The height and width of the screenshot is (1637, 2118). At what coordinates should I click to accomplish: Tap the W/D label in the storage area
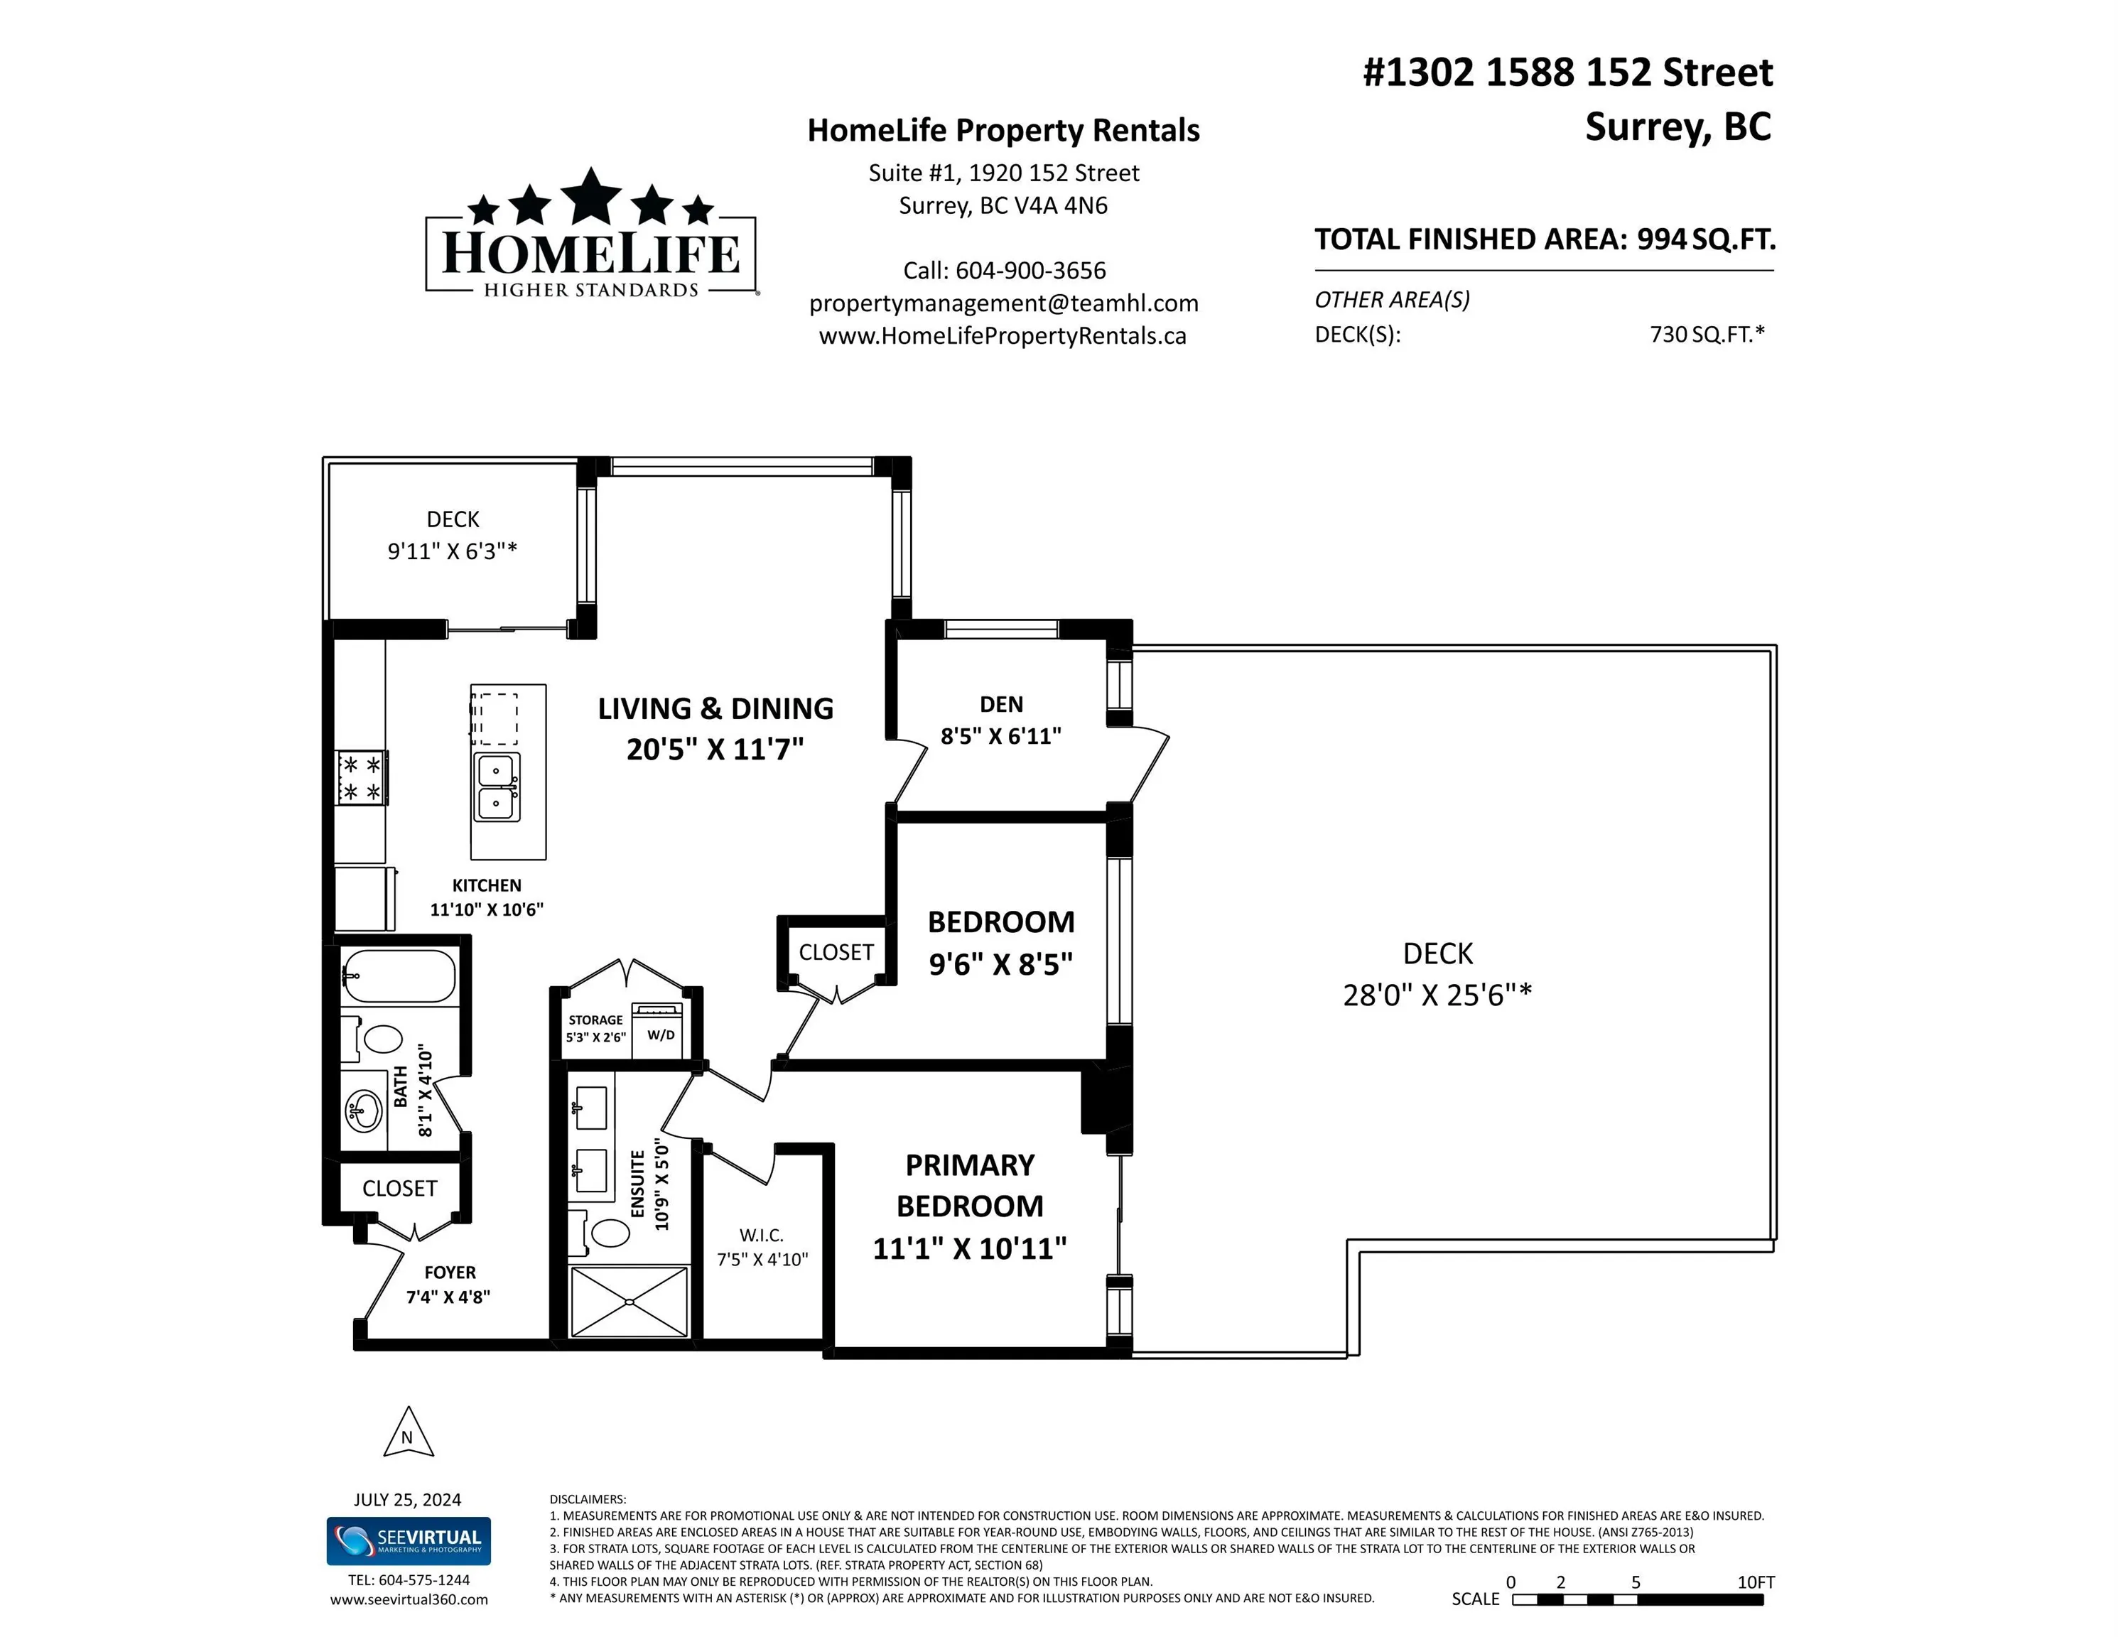coord(661,1034)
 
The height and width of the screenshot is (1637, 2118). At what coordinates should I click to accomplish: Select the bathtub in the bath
coord(399,976)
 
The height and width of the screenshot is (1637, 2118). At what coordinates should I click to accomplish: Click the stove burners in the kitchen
coord(361,778)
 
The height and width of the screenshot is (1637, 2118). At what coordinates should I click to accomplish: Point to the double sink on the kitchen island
coord(497,787)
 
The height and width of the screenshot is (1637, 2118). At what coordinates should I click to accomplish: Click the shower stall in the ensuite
coord(628,1302)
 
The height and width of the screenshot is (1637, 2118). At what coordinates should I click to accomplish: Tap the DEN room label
coord(1001,704)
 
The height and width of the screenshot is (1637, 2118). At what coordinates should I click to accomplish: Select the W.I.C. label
coord(761,1235)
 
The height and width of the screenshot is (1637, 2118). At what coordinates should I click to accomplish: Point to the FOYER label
coord(450,1273)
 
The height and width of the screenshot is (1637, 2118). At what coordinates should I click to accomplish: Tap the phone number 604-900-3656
coord(1030,271)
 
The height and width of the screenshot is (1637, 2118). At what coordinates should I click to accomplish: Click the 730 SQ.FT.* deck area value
coord(1706,335)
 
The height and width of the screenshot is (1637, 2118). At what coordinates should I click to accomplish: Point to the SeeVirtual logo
coord(409,1541)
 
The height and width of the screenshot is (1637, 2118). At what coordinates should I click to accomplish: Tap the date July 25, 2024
coord(407,1499)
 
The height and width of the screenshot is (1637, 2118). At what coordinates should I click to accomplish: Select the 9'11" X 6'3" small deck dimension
coord(452,551)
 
